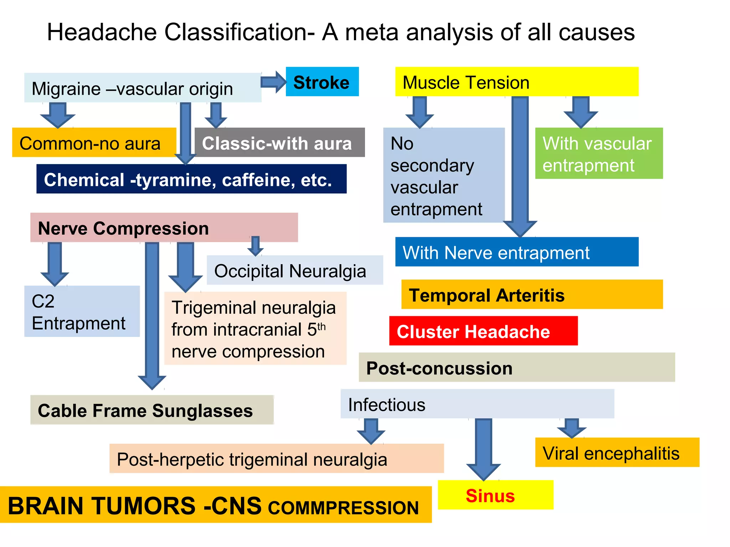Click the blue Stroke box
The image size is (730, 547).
[x=322, y=82]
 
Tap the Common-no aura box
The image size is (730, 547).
[x=94, y=142]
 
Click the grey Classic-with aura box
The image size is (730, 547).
[x=279, y=142]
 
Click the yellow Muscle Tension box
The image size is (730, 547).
[x=516, y=82]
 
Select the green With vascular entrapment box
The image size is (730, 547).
[x=598, y=153]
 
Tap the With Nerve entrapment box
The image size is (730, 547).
[x=516, y=252]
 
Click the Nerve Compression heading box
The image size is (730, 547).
[x=164, y=228]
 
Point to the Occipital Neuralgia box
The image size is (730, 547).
[x=294, y=270]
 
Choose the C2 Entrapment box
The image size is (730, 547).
[x=82, y=311]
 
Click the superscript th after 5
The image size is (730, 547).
[x=322, y=326]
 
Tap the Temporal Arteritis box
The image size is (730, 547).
[x=532, y=295]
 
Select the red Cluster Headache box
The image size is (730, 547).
[x=483, y=331]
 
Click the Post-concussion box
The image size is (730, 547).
[x=516, y=368]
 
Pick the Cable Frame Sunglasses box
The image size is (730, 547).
[x=152, y=410]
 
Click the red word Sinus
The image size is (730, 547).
[x=490, y=495]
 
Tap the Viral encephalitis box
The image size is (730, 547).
[x=617, y=453]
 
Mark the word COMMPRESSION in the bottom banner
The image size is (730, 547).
[x=343, y=507]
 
